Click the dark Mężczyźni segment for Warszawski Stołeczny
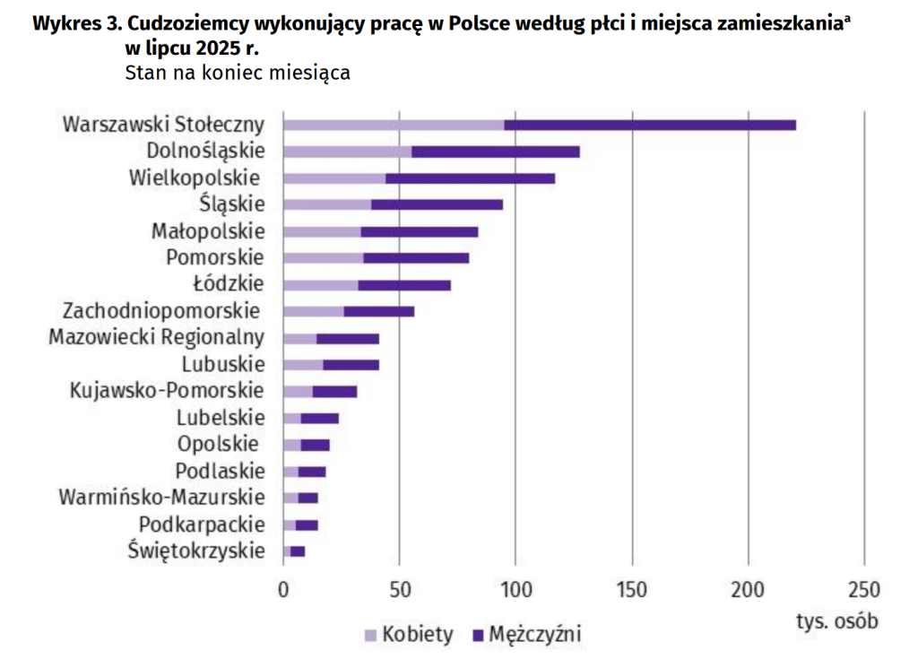click(x=650, y=125)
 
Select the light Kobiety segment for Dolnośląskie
click(x=347, y=152)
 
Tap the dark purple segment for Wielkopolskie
click(x=470, y=178)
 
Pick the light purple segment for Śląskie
click(x=327, y=204)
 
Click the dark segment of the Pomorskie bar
click(x=416, y=258)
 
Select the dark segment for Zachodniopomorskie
click(x=378, y=311)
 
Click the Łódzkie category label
click(x=229, y=284)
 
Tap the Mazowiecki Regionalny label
click(x=157, y=338)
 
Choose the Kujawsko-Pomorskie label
click(x=167, y=391)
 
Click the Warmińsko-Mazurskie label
click(x=161, y=498)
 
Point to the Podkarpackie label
click(x=202, y=525)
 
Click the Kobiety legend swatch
click(x=370, y=635)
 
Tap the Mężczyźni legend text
click(x=534, y=635)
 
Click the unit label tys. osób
click(x=836, y=620)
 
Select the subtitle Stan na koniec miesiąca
click(x=238, y=72)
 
